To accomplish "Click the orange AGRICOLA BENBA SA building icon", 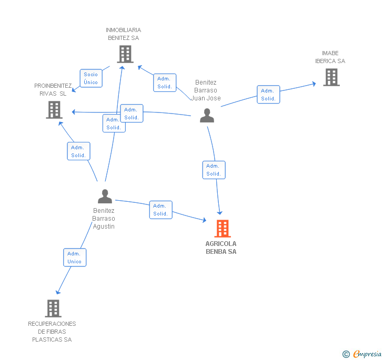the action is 223,229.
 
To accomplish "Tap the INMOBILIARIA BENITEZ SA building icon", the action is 125,54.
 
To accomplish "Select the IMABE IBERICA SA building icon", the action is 331,77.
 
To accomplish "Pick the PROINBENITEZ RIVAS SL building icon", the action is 54,110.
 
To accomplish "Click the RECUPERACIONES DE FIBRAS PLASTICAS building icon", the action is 53,308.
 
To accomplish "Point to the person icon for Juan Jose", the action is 207,115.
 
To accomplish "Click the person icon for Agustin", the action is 105,196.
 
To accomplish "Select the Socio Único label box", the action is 91,78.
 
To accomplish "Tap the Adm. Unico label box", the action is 75,258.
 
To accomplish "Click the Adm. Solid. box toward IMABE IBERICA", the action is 268,95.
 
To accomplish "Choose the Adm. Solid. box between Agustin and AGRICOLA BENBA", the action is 161,210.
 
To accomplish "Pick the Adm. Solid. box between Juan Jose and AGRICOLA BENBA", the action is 214,170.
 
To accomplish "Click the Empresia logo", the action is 367,354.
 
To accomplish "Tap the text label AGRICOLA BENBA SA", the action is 221,248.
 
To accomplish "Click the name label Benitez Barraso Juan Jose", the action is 206,90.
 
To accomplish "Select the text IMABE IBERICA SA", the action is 330,57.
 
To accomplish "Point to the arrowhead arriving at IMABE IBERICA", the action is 314,84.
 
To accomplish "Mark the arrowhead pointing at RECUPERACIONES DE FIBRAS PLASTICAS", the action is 58,292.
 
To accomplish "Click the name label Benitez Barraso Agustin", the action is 104,218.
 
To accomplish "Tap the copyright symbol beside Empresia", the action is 346,354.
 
